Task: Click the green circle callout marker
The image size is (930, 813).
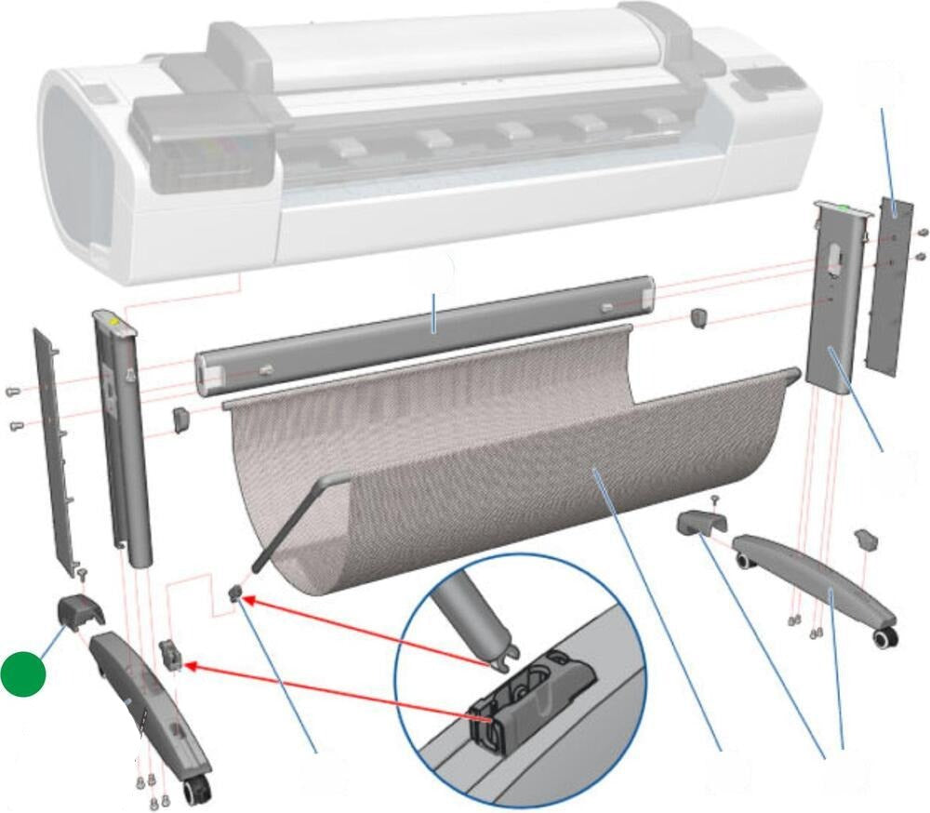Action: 23,674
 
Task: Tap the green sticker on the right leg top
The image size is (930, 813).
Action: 842,208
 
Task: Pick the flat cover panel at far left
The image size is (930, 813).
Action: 54,446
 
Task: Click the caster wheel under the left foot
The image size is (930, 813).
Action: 196,793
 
